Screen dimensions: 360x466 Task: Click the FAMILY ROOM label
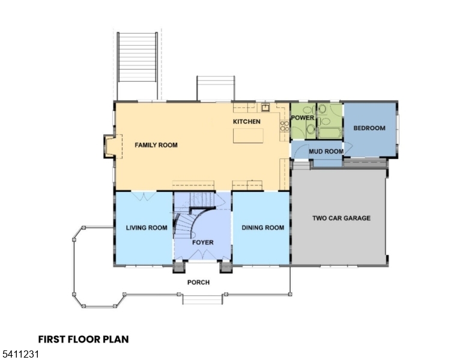coord(156,145)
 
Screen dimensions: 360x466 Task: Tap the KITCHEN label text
coord(247,122)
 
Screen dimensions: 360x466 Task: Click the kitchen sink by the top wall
coord(264,108)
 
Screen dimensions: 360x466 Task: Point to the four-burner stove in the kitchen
coord(283,125)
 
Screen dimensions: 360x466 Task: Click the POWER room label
coord(303,118)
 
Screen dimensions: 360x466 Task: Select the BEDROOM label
coord(369,128)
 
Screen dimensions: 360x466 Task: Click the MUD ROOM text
coord(326,152)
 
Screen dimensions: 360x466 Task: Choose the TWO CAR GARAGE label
coord(341,218)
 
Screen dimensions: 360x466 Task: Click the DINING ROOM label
coord(262,228)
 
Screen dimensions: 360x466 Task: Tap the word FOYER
coord(202,242)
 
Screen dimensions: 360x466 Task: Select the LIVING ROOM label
coord(146,228)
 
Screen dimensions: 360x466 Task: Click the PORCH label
coord(198,283)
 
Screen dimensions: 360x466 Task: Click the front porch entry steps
coord(202,298)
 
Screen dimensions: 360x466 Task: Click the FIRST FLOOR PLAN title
coord(83,340)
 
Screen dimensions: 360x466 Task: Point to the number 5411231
coord(20,355)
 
